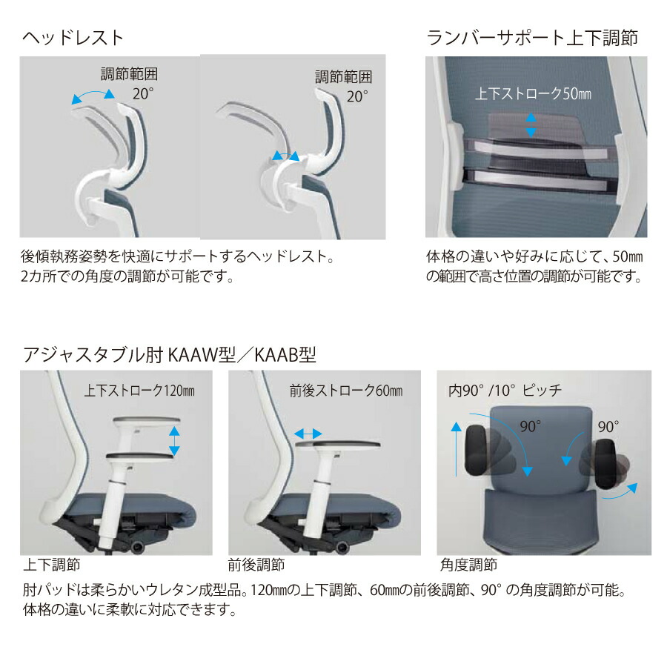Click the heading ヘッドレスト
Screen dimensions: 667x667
[x=73, y=38]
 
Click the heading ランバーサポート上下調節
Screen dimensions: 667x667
[x=531, y=38]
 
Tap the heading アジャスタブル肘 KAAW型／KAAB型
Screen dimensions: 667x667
[x=169, y=354]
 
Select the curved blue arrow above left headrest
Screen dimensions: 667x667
[x=93, y=96]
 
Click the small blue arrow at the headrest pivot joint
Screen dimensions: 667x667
[x=285, y=156]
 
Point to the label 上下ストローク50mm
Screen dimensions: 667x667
[x=533, y=93]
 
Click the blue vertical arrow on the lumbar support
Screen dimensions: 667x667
[x=531, y=125]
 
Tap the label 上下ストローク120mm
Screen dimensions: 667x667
[x=139, y=391]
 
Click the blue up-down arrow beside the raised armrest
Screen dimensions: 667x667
[x=174, y=441]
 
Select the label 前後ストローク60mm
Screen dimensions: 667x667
[x=346, y=391]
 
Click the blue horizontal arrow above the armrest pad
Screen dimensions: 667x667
[x=308, y=434]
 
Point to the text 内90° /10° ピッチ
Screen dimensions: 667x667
[x=505, y=391]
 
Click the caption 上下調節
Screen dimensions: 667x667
[x=51, y=565]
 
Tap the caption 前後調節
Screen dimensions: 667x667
[x=256, y=565]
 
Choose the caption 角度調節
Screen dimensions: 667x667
[x=468, y=565]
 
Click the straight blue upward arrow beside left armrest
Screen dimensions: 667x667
[x=456, y=449]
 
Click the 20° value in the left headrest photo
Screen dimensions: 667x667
[x=143, y=93]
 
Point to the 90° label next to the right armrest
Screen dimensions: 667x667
[x=608, y=427]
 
